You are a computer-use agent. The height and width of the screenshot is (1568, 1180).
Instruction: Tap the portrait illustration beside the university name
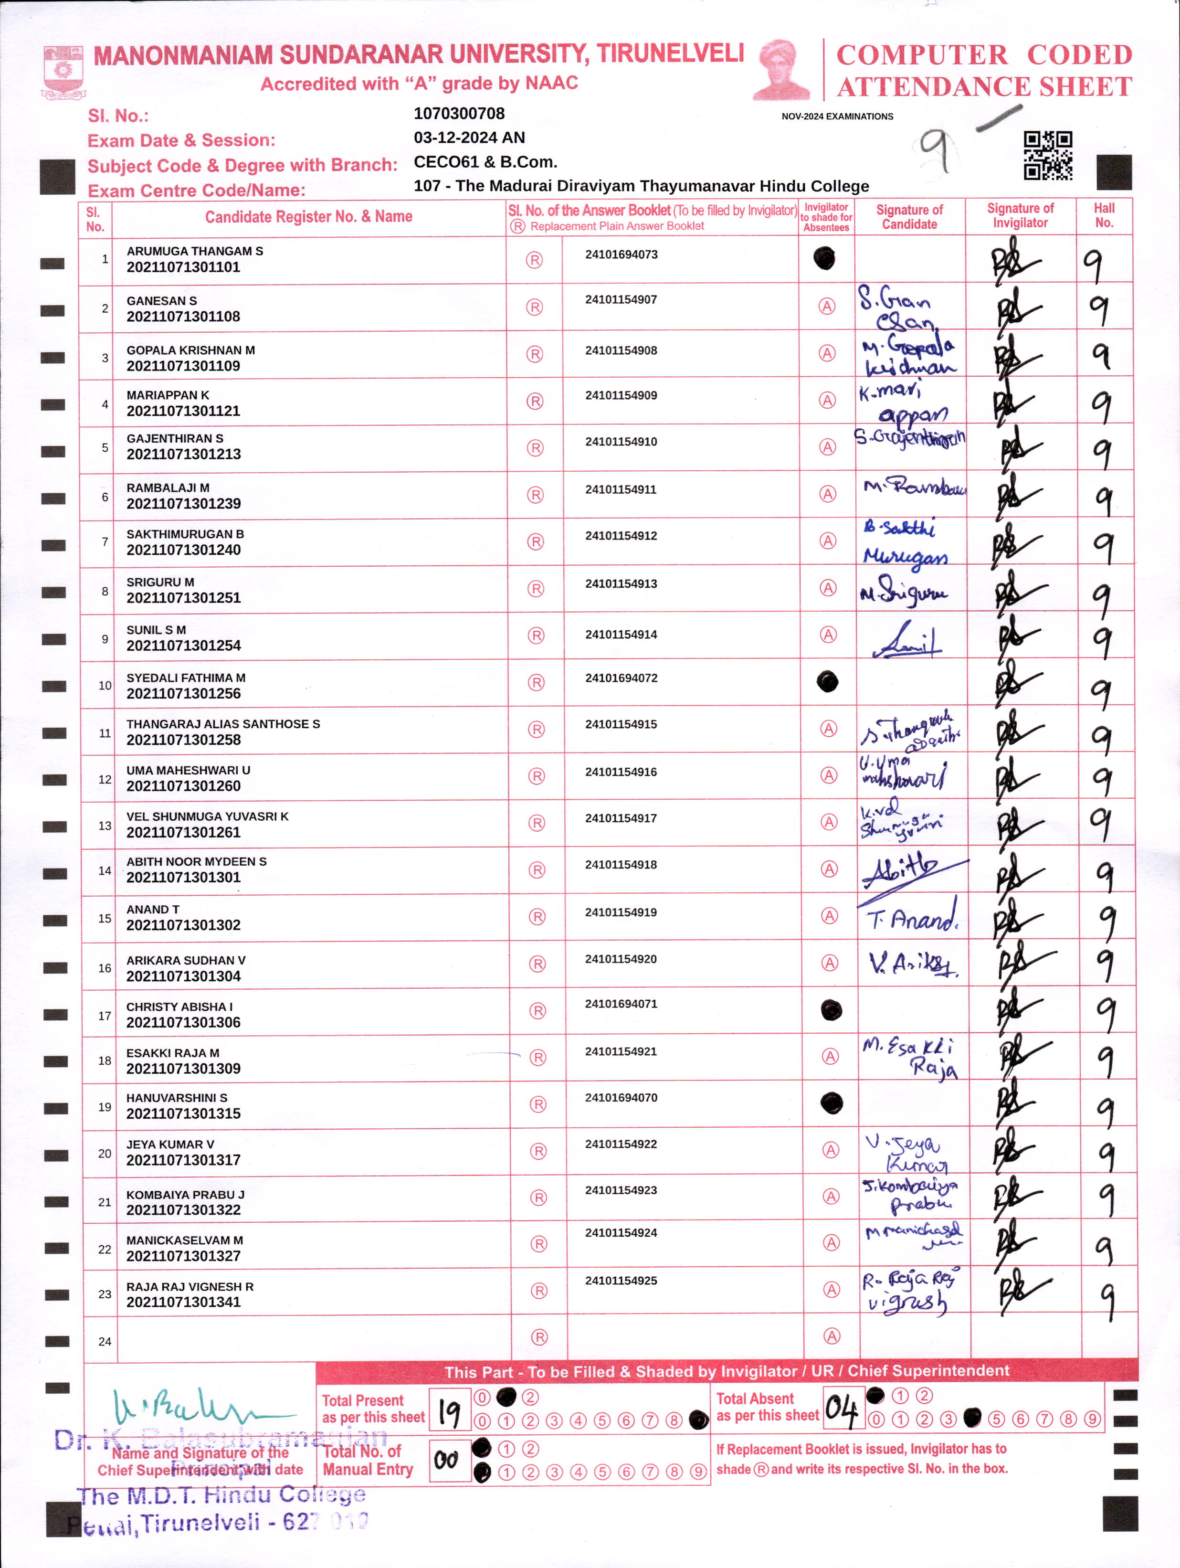click(782, 69)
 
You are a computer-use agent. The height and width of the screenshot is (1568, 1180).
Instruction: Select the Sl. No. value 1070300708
click(459, 114)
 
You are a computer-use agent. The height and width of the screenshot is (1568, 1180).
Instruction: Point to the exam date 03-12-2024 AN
click(469, 138)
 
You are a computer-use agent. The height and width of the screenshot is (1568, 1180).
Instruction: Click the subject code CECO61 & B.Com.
click(485, 161)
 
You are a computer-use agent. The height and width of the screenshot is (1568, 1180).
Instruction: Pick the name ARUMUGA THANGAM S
click(194, 251)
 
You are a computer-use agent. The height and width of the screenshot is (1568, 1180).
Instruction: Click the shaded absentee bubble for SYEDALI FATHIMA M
click(827, 682)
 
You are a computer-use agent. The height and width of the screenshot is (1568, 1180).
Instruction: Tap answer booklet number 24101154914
click(621, 635)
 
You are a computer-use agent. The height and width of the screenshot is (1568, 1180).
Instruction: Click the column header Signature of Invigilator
click(1020, 215)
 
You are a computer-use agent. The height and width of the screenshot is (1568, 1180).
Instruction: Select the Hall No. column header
click(1104, 215)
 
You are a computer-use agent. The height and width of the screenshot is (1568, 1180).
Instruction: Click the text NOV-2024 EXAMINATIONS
click(837, 116)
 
